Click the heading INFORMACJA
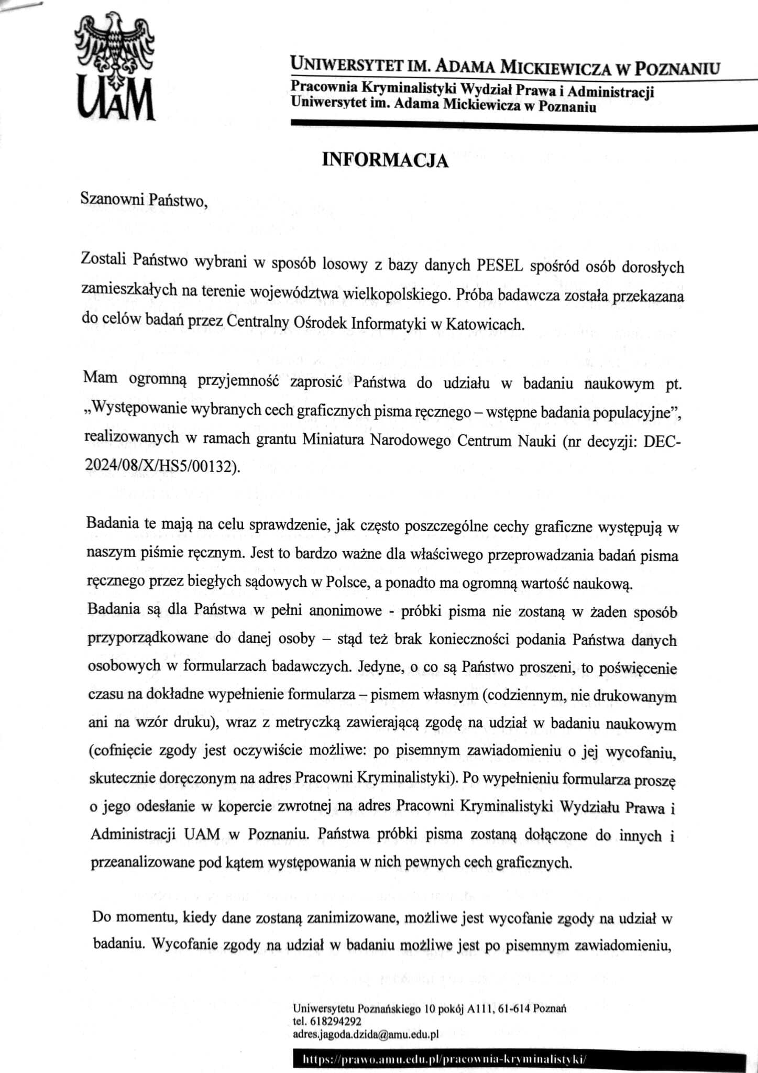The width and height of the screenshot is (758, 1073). click(385, 160)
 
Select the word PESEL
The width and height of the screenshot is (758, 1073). click(500, 266)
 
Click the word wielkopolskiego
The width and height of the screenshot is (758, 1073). click(396, 294)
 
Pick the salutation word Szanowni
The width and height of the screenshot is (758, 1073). click(112, 200)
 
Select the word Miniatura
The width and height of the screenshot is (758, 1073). click(333, 440)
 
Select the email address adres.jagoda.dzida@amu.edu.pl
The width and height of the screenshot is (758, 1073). click(365, 1034)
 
